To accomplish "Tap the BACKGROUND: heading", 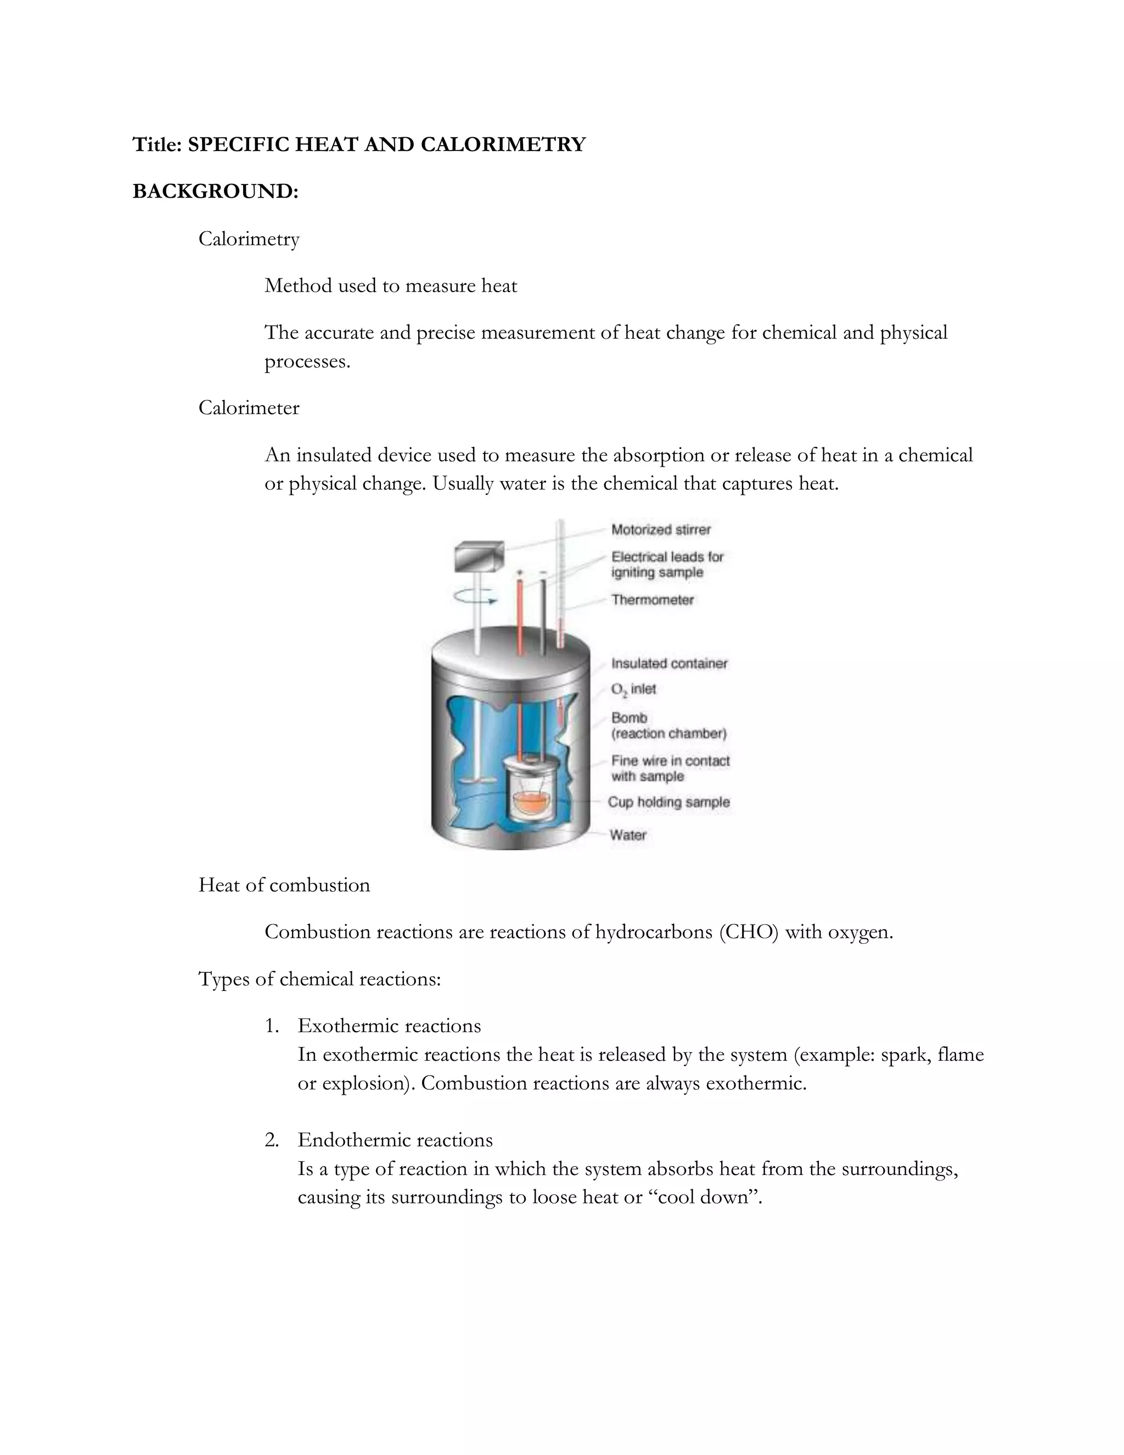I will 215,191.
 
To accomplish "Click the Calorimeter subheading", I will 249,408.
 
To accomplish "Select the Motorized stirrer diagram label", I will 661,530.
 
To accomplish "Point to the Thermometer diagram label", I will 652,600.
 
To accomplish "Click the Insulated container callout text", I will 668,664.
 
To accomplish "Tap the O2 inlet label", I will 633,690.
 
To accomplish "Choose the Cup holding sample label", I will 668,802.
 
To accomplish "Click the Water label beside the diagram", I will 627,835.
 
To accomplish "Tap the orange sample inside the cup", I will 533,803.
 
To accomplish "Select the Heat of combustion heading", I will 284,886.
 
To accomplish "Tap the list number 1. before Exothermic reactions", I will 271,1026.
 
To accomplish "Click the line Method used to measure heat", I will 390,286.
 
